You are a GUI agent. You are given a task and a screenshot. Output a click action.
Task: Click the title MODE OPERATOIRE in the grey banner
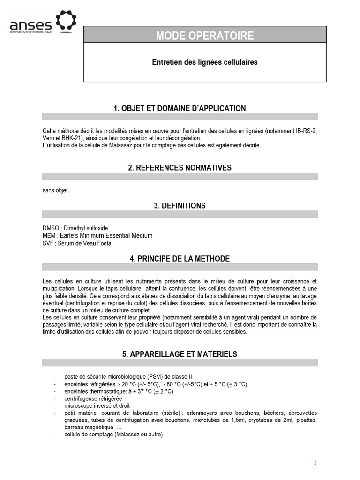point(205,36)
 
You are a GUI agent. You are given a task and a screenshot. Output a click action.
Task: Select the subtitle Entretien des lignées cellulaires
point(205,62)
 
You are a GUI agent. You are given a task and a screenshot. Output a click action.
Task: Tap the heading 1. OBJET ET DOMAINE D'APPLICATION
point(180,108)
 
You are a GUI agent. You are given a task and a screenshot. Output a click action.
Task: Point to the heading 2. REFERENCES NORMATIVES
point(180,167)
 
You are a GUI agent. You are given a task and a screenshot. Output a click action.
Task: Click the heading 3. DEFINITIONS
point(180,205)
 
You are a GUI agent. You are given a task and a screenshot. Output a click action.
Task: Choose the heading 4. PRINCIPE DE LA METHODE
point(180,259)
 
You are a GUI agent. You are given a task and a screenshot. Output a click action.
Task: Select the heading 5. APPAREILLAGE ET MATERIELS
point(180,354)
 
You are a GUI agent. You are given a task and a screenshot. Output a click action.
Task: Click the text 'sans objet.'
point(55,190)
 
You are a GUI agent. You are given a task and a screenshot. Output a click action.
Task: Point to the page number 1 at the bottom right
point(315,462)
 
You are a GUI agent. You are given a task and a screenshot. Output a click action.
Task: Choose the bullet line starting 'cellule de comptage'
point(113,435)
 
